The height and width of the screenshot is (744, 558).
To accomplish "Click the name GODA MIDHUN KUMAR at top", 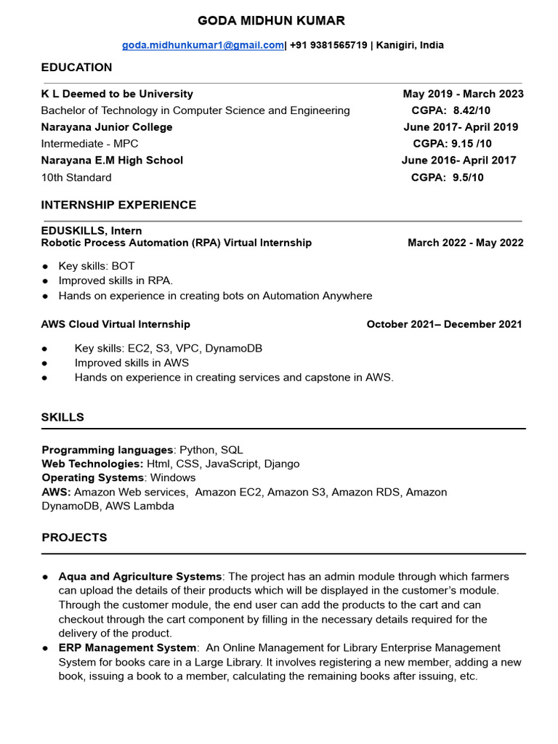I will coord(272,20).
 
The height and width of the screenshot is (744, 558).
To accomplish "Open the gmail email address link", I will coord(203,45).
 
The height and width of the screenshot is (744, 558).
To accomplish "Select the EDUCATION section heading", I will coord(76,68).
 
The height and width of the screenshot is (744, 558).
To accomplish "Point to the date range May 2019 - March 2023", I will coord(463,94).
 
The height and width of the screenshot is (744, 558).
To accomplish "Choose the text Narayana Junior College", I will coord(107,127).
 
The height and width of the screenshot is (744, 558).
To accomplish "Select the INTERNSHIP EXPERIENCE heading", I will coord(118,205).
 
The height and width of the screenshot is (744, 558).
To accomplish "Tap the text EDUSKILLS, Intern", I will coord(92,231).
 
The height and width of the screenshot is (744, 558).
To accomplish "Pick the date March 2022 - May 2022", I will coord(465,243).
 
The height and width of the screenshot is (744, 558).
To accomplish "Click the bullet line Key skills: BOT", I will coord(97,266).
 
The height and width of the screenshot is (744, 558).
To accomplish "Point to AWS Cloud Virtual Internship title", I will coord(116,324).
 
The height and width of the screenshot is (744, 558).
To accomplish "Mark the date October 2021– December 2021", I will coord(444,324).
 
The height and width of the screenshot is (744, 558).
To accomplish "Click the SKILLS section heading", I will coord(62,417).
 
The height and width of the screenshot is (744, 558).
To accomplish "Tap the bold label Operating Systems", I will coord(92,477).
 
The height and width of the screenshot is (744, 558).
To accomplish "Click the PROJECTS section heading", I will coord(74,538).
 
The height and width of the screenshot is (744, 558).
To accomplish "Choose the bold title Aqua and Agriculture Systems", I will coord(140,576).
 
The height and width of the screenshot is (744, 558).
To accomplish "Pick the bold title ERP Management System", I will coord(127,647).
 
